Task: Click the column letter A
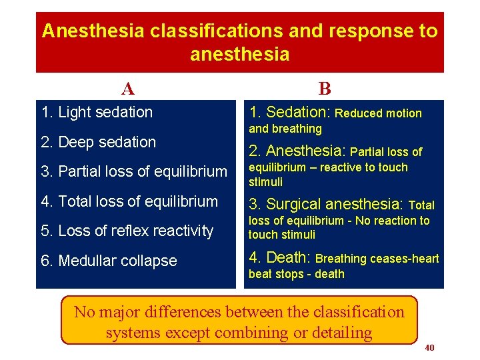point(128,89)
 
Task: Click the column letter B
point(325,89)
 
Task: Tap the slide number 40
point(430,348)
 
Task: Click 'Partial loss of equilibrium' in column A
point(134,172)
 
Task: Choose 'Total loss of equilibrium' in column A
point(130,201)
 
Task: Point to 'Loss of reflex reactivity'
point(127,231)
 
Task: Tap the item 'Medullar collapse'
point(109,261)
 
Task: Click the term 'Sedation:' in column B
point(289,113)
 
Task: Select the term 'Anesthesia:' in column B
point(297,151)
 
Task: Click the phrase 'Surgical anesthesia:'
point(326,204)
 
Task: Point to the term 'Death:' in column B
point(280,257)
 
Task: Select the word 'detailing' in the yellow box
point(339,332)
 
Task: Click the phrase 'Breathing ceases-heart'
point(377,259)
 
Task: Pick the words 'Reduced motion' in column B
point(378,113)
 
